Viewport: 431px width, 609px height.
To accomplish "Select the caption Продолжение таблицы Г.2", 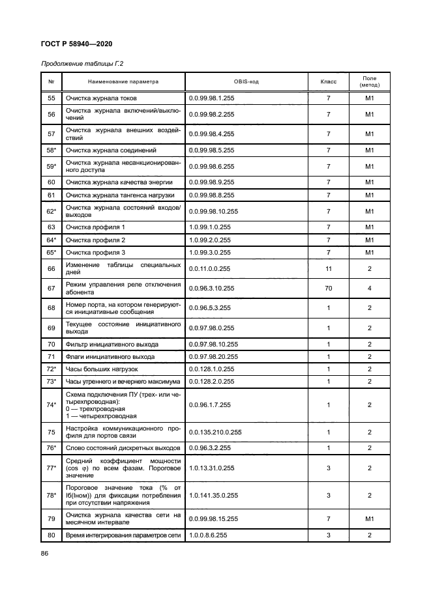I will (82, 64).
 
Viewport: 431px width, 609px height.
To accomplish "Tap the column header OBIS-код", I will (247, 82).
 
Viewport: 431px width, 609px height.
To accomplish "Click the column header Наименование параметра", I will (123, 82).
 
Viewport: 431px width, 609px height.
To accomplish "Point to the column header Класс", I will (329, 82).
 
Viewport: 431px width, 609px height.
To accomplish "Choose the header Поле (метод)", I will (369, 82).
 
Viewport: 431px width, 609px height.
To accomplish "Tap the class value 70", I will (329, 287).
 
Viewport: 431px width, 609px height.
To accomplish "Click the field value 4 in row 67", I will (369, 287).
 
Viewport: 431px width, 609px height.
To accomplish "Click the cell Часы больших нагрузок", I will (101, 369).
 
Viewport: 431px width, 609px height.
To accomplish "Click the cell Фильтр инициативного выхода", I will (109, 344).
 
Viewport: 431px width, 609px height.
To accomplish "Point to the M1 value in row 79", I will (369, 518).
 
